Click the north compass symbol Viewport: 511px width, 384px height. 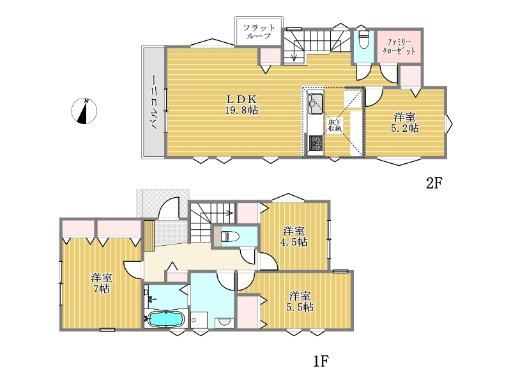(x=84, y=111)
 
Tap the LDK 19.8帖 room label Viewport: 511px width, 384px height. (x=241, y=104)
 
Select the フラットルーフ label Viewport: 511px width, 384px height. (x=259, y=31)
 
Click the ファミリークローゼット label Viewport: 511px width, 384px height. (x=399, y=46)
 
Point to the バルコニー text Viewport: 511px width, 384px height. (x=153, y=102)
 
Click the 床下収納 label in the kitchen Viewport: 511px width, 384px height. (x=335, y=125)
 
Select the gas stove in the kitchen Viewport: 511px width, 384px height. (x=316, y=143)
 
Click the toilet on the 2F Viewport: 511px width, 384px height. (x=362, y=39)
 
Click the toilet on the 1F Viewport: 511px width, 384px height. (x=230, y=236)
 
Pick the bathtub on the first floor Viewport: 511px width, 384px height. (x=165, y=319)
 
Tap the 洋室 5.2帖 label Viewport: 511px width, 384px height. (x=405, y=122)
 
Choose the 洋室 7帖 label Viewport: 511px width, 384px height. (x=102, y=284)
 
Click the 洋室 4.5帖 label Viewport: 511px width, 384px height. (x=294, y=236)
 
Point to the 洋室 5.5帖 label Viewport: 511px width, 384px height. (x=300, y=301)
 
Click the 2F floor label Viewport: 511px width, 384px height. (x=434, y=183)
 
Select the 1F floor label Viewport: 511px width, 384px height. (x=321, y=361)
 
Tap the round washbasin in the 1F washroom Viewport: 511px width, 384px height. (x=224, y=322)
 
